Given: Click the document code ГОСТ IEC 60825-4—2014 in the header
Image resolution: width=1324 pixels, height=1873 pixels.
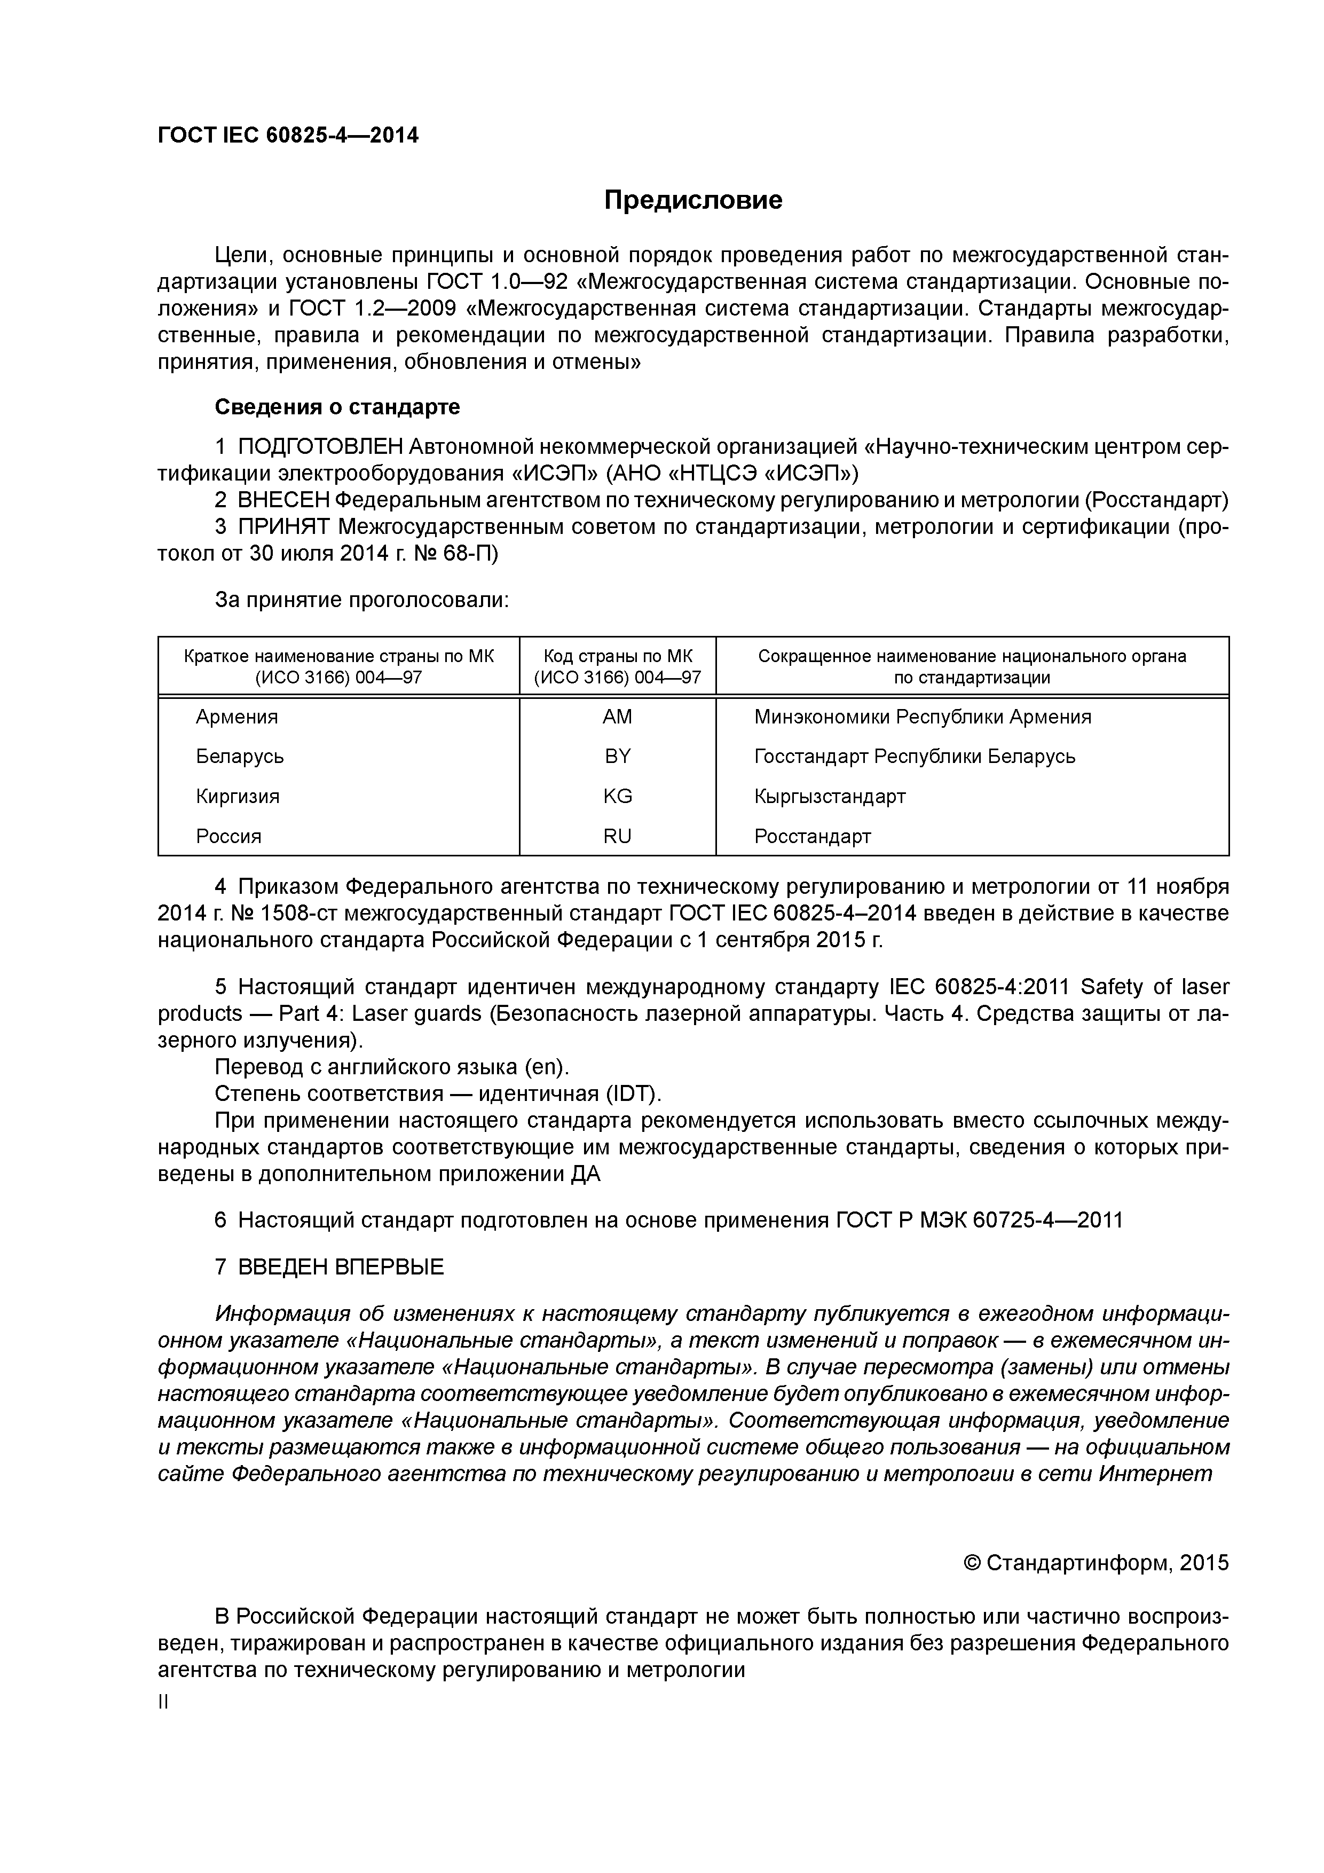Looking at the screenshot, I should click(288, 136).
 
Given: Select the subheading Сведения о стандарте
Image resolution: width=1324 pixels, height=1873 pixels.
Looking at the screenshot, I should click(337, 406).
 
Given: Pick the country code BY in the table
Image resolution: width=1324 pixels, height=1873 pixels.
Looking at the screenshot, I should click(618, 756).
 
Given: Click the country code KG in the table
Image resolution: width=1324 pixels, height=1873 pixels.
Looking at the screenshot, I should click(618, 796).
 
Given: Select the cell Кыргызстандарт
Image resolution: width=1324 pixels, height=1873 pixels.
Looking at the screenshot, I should click(830, 796).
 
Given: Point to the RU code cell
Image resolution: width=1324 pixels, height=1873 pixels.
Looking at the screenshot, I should click(618, 836).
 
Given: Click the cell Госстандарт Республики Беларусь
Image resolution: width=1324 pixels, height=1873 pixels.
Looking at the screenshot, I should click(915, 756).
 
